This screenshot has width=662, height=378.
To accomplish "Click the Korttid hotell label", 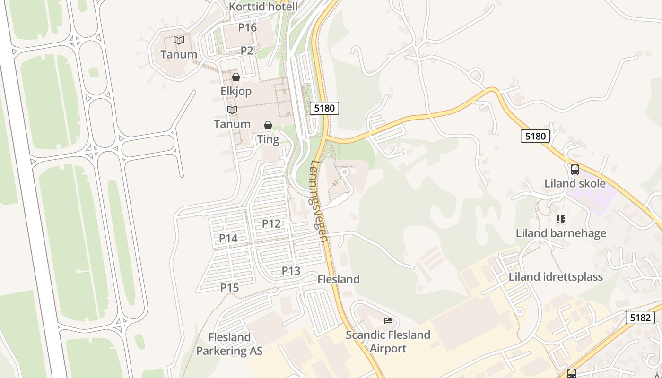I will click(263, 7).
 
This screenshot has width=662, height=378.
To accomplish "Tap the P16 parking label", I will click(247, 27).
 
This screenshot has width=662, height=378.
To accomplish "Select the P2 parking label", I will click(247, 51).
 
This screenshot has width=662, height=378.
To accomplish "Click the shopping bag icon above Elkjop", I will click(236, 77).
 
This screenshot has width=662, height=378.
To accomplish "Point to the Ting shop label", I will click(268, 139).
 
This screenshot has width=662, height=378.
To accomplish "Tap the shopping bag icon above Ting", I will click(268, 125).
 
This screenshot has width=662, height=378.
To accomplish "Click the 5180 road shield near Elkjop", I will click(324, 108).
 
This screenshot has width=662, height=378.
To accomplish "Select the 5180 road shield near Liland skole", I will click(535, 137).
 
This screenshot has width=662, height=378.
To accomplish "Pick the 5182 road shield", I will click(640, 318).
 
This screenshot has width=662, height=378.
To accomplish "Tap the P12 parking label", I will click(271, 223).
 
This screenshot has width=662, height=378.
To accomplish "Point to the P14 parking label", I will click(228, 239).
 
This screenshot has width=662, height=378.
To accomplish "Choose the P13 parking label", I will click(291, 271).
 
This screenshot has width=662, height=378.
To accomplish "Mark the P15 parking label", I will click(230, 288).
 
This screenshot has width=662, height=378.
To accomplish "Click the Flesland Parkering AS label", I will click(229, 344).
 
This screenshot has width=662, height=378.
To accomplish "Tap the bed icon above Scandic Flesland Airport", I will click(388, 321).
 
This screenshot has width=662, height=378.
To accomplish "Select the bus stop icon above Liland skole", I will click(575, 169).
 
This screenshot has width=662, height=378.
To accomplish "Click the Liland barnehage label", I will click(561, 233).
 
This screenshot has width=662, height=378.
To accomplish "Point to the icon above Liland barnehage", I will click(561, 219).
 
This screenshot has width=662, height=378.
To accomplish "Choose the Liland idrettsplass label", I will click(556, 277).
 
